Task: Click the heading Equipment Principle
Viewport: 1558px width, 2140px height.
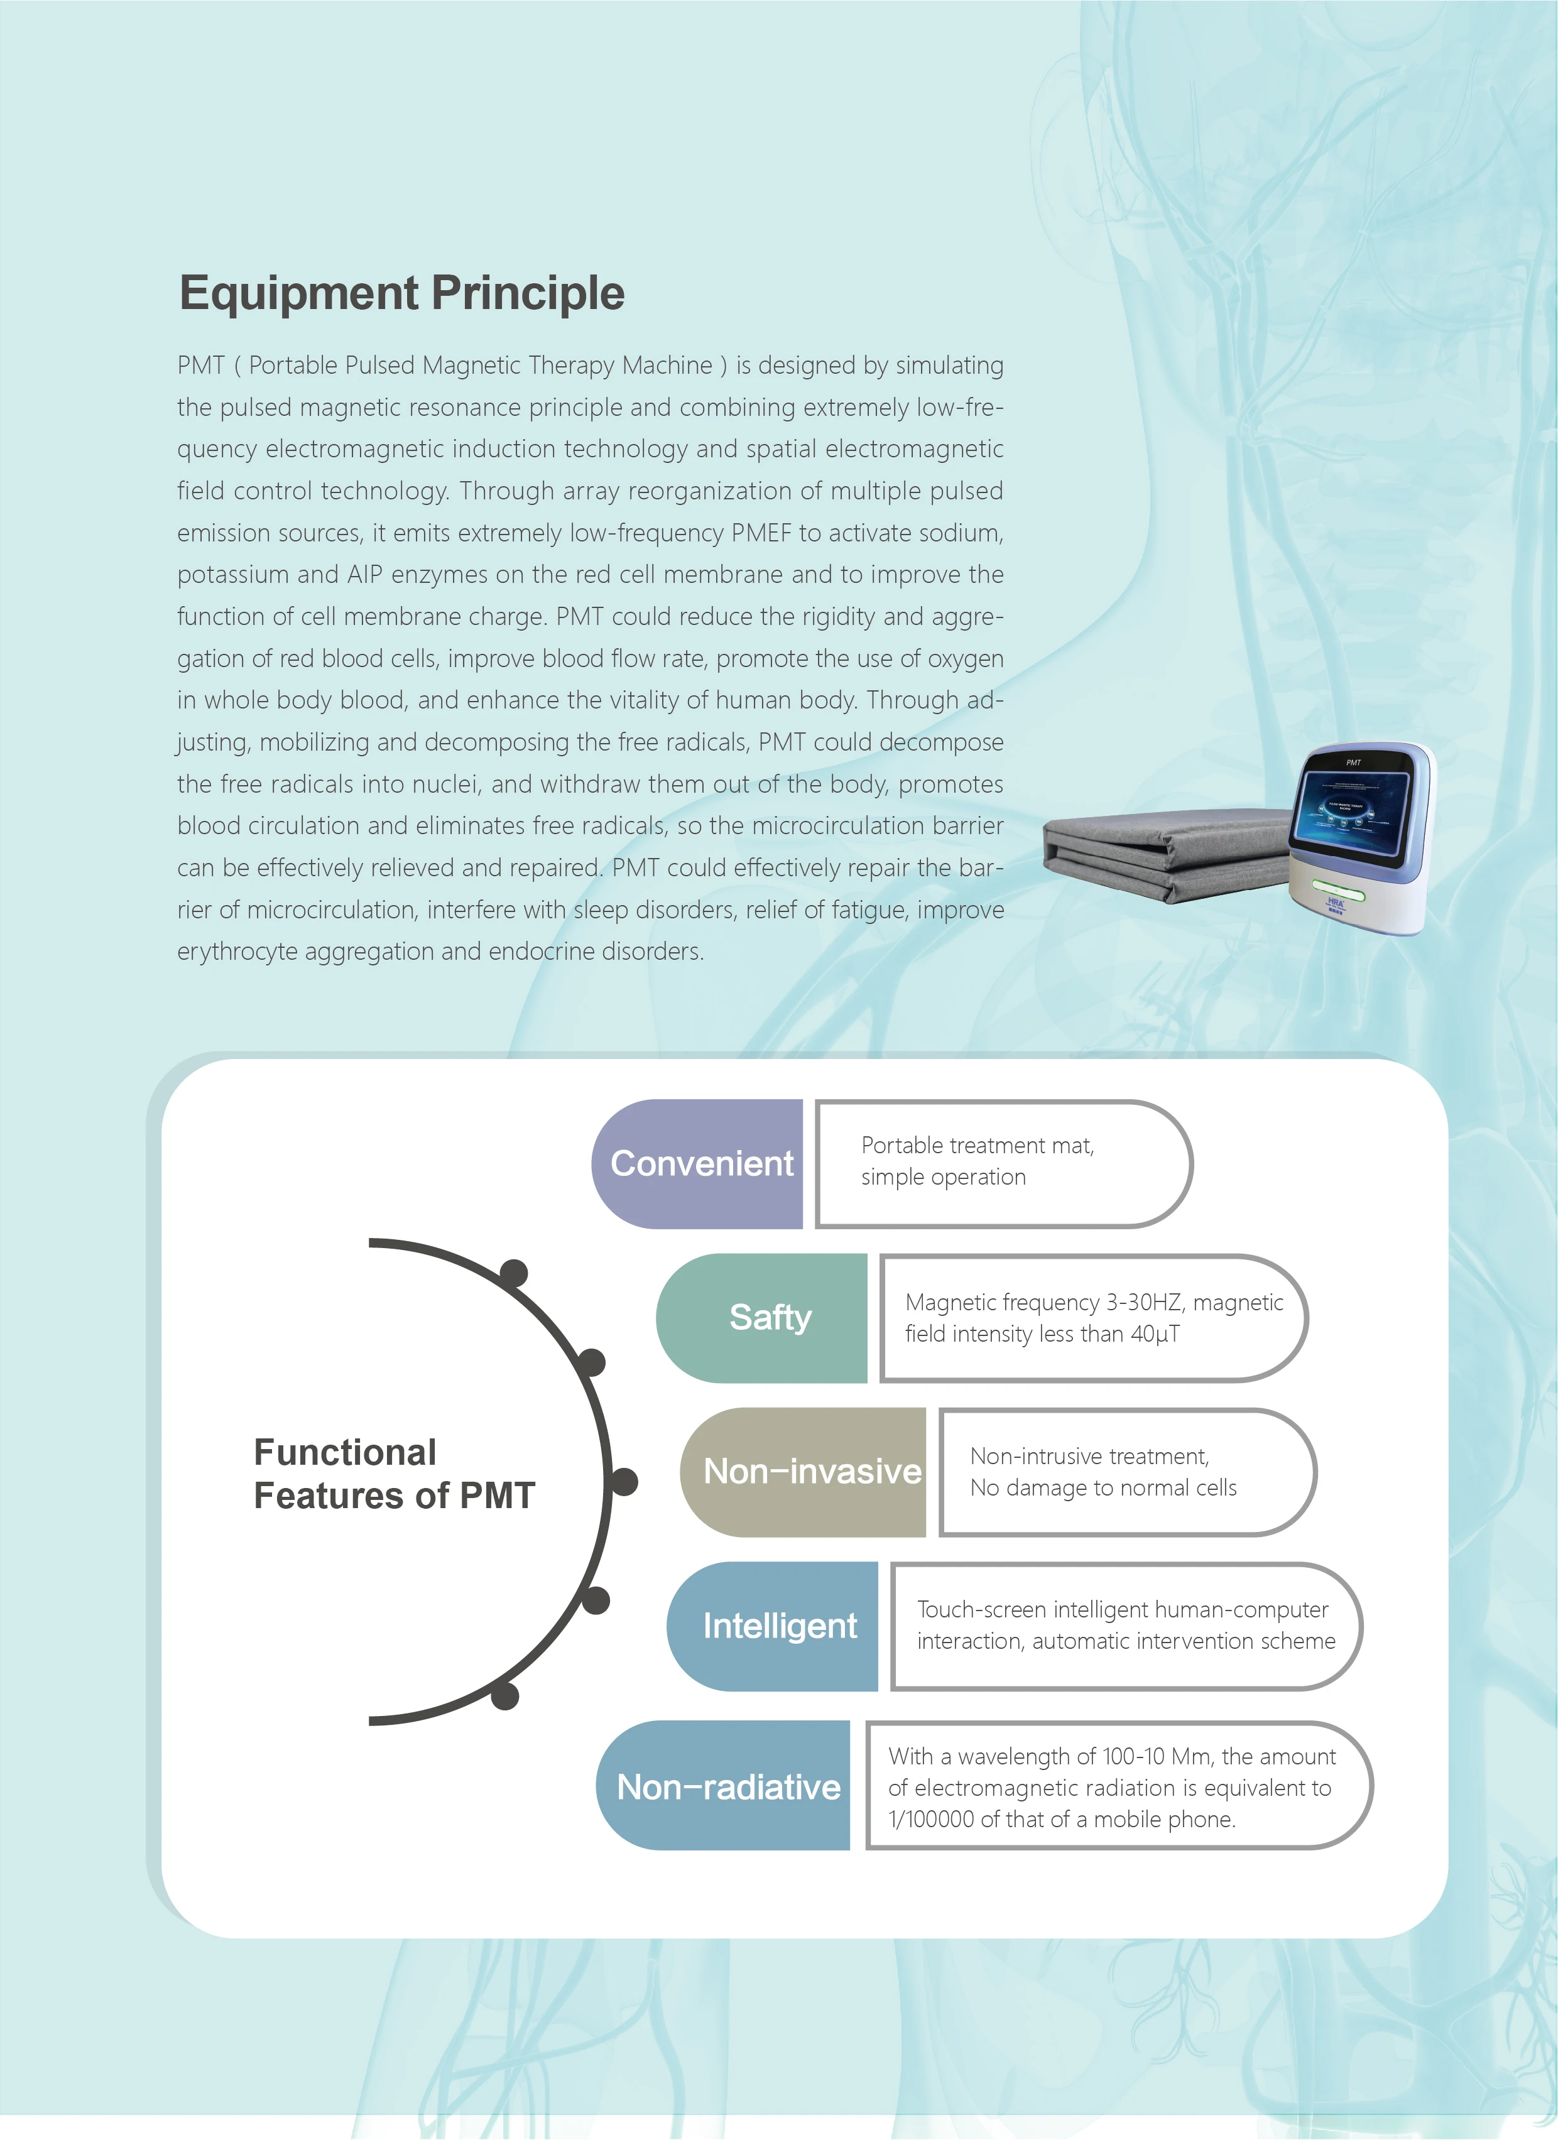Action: (402, 293)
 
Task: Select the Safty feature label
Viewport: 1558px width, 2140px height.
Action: (770, 1317)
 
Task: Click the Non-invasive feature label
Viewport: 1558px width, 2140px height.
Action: (812, 1471)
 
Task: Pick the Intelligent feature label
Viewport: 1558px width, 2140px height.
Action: (780, 1625)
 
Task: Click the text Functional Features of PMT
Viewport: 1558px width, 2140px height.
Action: (393, 1474)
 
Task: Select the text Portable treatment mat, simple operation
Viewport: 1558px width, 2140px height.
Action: (977, 1161)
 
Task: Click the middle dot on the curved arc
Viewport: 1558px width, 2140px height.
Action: (623, 1481)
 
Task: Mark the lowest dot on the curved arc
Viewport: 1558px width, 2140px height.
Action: (505, 1695)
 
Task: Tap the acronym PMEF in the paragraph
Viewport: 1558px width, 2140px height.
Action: (761, 533)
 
